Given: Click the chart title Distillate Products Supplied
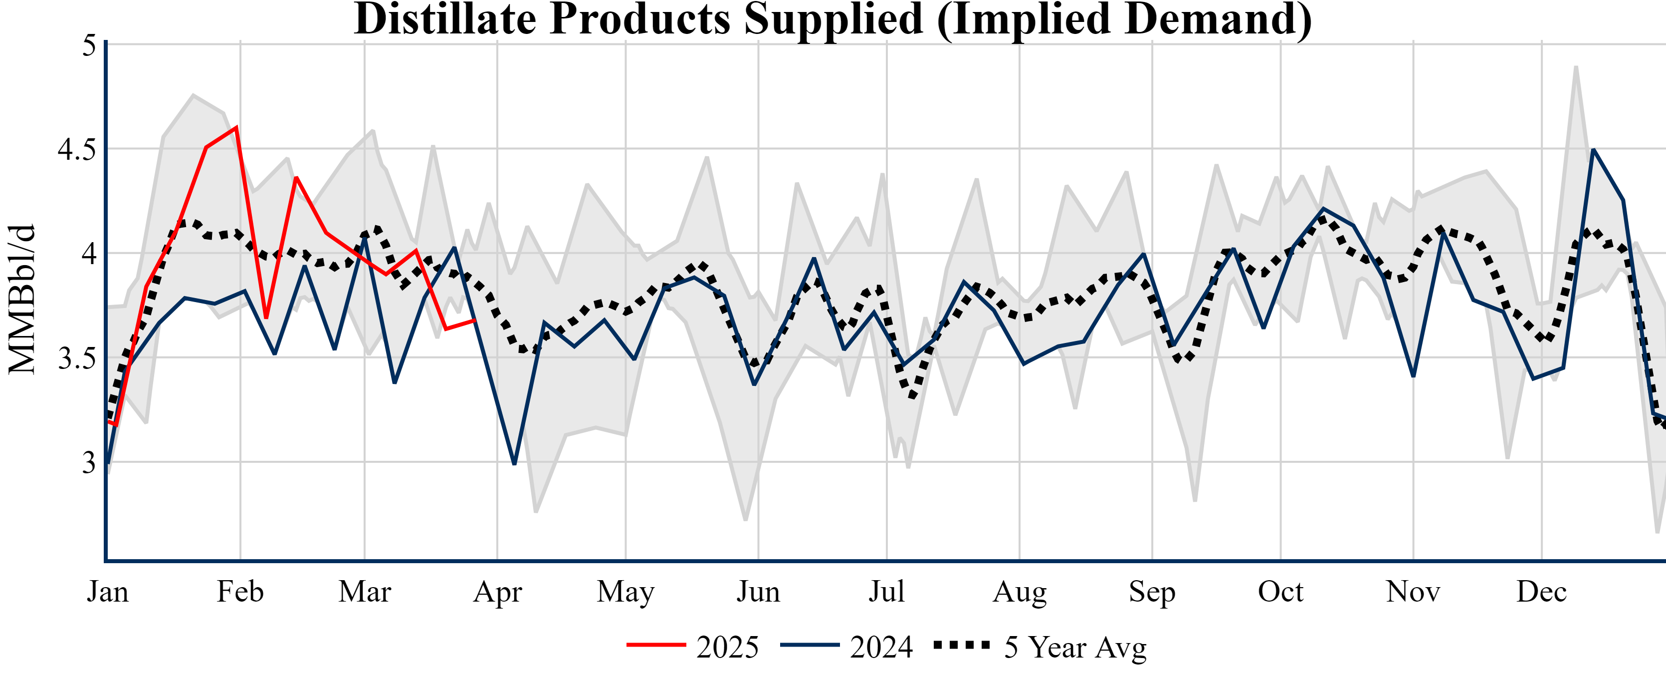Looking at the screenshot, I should coord(833,19).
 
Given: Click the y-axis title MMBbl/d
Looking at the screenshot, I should coord(22,300).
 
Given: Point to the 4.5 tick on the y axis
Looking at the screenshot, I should coord(76,149).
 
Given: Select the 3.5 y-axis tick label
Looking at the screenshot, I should coord(76,358).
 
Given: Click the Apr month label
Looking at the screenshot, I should coord(497,592).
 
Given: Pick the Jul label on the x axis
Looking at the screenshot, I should coord(886,592).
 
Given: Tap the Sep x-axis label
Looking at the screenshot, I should coord(1152,592).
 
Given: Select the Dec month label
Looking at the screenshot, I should coord(1541,592).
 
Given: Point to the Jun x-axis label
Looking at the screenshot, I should coord(758,592).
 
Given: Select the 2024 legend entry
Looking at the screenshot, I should coord(846,647).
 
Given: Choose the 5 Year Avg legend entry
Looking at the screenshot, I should coord(1040,647).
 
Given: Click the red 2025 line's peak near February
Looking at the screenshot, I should coord(237,127).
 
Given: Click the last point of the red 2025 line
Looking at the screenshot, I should coord(475,320).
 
